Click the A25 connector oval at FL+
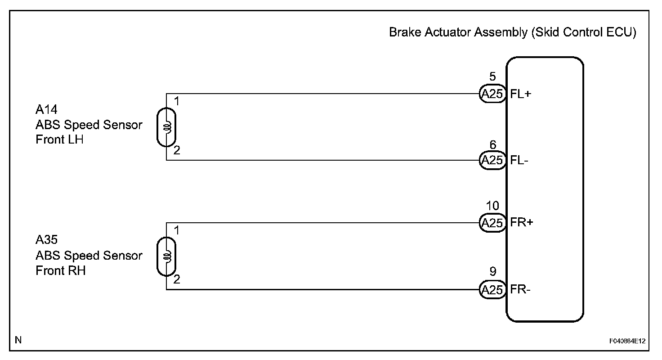[493, 94]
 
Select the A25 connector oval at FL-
[493, 160]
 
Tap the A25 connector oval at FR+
[493, 223]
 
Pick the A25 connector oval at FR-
[493, 289]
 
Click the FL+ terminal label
[522, 94]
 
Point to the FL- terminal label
[520, 160]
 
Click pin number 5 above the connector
[493, 77]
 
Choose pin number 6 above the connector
[493, 145]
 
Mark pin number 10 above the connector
[493, 206]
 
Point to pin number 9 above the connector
[493, 272]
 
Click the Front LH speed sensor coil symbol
[167, 127]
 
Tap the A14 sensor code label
[47, 110]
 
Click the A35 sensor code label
[47, 240]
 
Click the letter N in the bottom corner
[18, 340]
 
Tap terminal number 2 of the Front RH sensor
[177, 279]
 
